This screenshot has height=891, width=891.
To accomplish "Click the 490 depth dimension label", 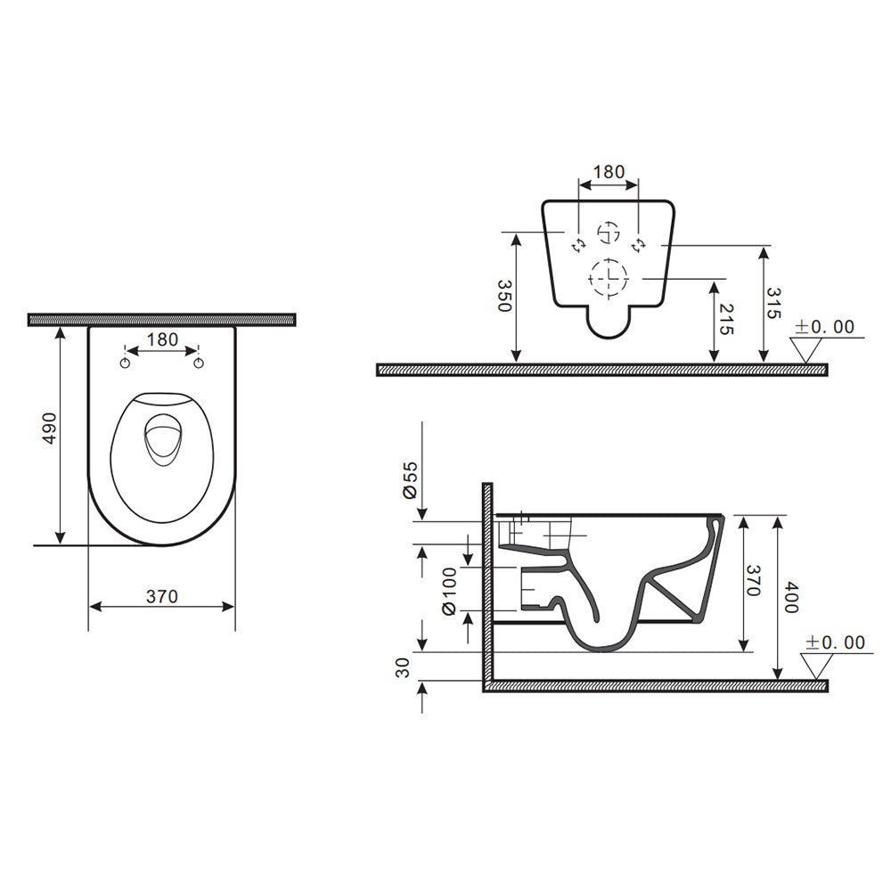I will [51, 429].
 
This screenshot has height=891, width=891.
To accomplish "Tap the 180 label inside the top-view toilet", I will [162, 339].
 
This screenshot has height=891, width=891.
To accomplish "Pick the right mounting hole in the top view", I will [200, 363].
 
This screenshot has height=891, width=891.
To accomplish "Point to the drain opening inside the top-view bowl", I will [161, 440].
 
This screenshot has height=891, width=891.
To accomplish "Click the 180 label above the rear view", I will [609, 172].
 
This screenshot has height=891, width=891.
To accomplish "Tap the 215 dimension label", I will [725, 318].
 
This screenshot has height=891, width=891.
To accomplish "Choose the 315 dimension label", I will [773, 303].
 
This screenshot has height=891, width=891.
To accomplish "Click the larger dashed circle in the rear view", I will [609, 278].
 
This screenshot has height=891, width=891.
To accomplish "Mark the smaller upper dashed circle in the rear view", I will [609, 233].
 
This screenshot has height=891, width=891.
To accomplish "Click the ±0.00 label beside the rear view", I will [824, 327].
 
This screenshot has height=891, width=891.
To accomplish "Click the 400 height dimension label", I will [790, 596].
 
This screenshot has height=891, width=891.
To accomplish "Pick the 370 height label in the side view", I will [752, 580].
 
